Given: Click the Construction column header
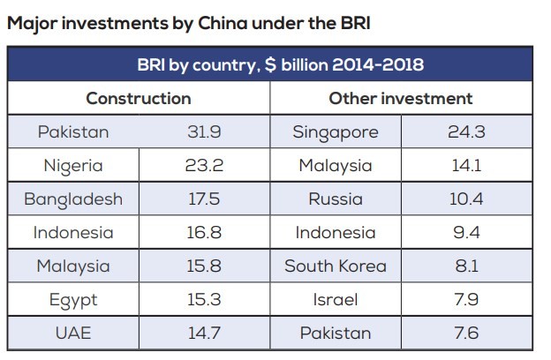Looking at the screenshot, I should pyautogui.click(x=138, y=98).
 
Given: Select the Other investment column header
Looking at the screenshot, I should pyautogui.click(x=400, y=98).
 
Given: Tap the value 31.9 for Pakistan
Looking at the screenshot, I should pyautogui.click(x=203, y=132).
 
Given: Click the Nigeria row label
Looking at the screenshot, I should pyautogui.click(x=73, y=166).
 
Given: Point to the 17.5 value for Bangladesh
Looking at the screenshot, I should pyautogui.click(x=203, y=199).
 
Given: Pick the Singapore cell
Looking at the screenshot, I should pyautogui.click(x=335, y=132).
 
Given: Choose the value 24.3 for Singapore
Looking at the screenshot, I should pyautogui.click(x=465, y=132).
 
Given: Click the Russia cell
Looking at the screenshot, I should pyautogui.click(x=335, y=199).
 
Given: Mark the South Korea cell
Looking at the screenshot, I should pyautogui.click(x=335, y=266).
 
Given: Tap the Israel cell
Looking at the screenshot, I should pyautogui.click(x=335, y=300).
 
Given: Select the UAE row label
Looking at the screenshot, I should pyautogui.click(x=73, y=334).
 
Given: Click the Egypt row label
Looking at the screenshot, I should pyautogui.click(x=73, y=300).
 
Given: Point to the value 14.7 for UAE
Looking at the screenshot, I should pyautogui.click(x=203, y=334).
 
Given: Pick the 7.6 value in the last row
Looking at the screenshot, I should pyautogui.click(x=465, y=334).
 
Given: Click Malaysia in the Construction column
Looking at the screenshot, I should pyautogui.click(x=73, y=266).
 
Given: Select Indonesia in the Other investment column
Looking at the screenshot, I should pyautogui.click(x=335, y=233).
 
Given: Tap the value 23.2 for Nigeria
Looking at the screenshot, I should pyautogui.click(x=203, y=166).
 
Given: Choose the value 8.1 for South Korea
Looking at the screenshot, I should pyautogui.click(x=465, y=266).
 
